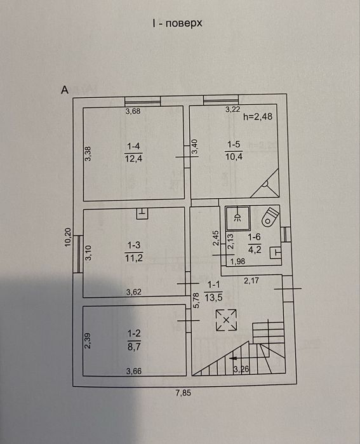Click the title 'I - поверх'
point(177,24)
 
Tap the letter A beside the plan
point(65,90)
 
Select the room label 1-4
point(133,146)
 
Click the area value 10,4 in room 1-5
point(234,156)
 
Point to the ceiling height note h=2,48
point(258,116)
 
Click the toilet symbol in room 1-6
point(270,217)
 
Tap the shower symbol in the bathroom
point(237,217)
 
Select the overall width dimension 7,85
point(183,393)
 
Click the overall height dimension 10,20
point(68,238)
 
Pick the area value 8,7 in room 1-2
point(134,347)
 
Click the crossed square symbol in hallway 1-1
point(226,320)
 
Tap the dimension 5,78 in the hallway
point(197,300)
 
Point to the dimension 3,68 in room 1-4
point(133,111)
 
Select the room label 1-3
point(134,245)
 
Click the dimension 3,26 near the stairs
point(241,369)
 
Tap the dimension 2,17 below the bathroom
point(251,281)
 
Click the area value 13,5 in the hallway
point(213,297)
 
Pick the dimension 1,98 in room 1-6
point(237,261)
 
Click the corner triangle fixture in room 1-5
point(265,184)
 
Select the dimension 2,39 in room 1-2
point(88,340)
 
